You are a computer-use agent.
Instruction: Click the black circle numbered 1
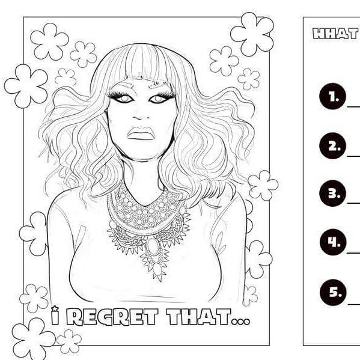pyautogui.click(x=332, y=96)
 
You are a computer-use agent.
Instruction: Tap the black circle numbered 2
pyautogui.click(x=332, y=146)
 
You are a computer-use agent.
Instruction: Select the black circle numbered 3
pyautogui.click(x=332, y=194)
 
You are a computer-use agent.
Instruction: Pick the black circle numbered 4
pyautogui.click(x=333, y=242)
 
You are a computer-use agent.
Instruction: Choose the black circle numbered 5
pyautogui.click(x=333, y=292)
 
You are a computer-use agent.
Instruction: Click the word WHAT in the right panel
pyautogui.click(x=335, y=34)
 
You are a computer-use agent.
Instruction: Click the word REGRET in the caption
pyautogui.click(x=112, y=317)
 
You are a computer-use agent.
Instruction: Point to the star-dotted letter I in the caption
pyautogui.click(x=55, y=316)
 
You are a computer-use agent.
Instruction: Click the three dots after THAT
pyautogui.click(x=240, y=321)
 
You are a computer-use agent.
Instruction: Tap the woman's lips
pyautogui.click(x=141, y=133)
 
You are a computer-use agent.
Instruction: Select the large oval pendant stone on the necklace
pyautogui.click(x=153, y=246)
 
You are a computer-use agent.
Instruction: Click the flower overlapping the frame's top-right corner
pyautogui.click(x=252, y=34)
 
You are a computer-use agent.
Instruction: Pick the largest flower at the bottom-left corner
pyautogui.click(x=34, y=338)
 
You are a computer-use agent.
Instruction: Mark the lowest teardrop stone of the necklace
pyautogui.click(x=157, y=269)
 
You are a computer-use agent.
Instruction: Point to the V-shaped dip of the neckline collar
pyautogui.click(x=143, y=206)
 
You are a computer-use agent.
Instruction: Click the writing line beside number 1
pyautogui.click(x=353, y=107)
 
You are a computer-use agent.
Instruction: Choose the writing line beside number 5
pyautogui.click(x=354, y=304)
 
